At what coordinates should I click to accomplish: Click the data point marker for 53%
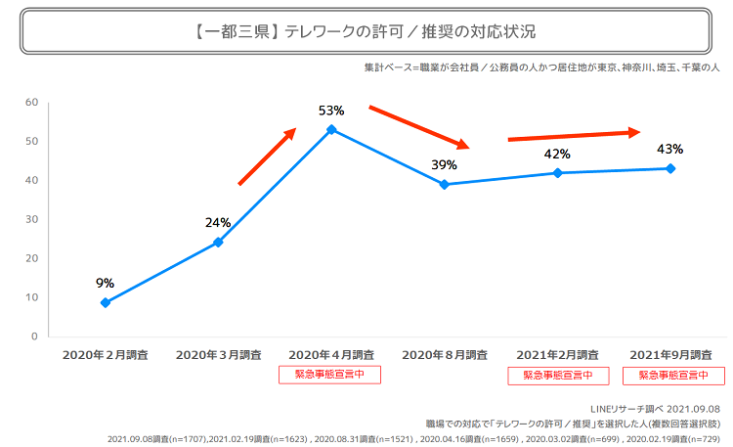coord(331,129)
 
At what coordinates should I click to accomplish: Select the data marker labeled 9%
coord(105,303)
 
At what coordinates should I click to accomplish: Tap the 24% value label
coord(218,222)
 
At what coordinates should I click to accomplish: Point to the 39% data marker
coord(445,184)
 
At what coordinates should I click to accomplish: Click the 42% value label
coord(557,154)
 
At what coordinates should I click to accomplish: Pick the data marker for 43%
coord(670,168)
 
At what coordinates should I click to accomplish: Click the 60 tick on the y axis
coord(31,102)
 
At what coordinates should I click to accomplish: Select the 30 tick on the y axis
coord(31,219)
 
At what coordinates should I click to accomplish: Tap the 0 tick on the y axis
coord(34,336)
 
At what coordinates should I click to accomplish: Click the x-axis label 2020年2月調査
coord(105,354)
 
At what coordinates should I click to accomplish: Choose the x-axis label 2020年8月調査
coord(445,354)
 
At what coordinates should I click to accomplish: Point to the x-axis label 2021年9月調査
coord(670,354)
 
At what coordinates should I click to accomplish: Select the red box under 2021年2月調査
coord(558,375)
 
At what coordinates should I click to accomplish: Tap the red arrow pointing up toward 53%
coord(267,156)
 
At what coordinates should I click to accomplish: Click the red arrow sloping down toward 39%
coord(419,126)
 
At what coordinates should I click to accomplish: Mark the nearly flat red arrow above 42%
coord(574,135)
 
